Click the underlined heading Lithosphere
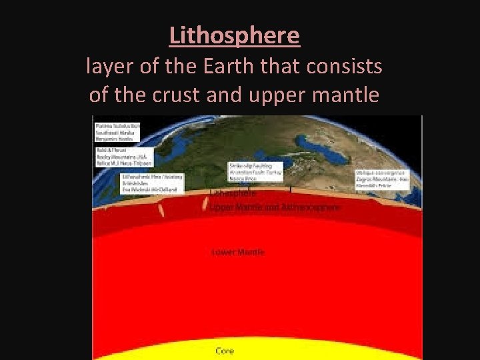click(x=235, y=35)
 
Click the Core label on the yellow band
click(x=225, y=351)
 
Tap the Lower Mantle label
click(x=237, y=252)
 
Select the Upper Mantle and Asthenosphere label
click(x=274, y=207)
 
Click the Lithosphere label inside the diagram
click(x=233, y=193)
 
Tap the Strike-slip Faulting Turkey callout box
click(x=255, y=171)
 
